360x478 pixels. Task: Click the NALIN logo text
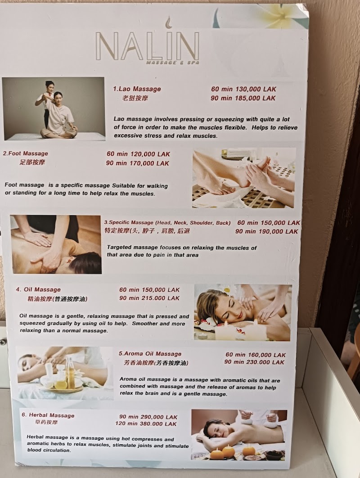pyautogui.click(x=147, y=45)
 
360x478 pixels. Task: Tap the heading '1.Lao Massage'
pyautogui.click(x=137, y=89)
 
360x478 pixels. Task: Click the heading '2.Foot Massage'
pyautogui.click(x=25, y=153)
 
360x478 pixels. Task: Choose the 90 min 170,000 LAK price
pyautogui.click(x=138, y=163)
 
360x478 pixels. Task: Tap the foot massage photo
pyautogui.click(x=244, y=178)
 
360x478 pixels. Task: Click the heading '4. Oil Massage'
pyautogui.click(x=38, y=289)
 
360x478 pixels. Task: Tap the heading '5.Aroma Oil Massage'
pyautogui.click(x=150, y=354)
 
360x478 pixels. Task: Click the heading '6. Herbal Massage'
pyautogui.click(x=48, y=415)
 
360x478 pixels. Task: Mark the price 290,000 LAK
pyautogui.click(x=160, y=417)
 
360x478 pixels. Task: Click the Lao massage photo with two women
pyautogui.click(x=53, y=108)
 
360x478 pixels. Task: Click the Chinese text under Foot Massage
pyautogui.click(x=32, y=162)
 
